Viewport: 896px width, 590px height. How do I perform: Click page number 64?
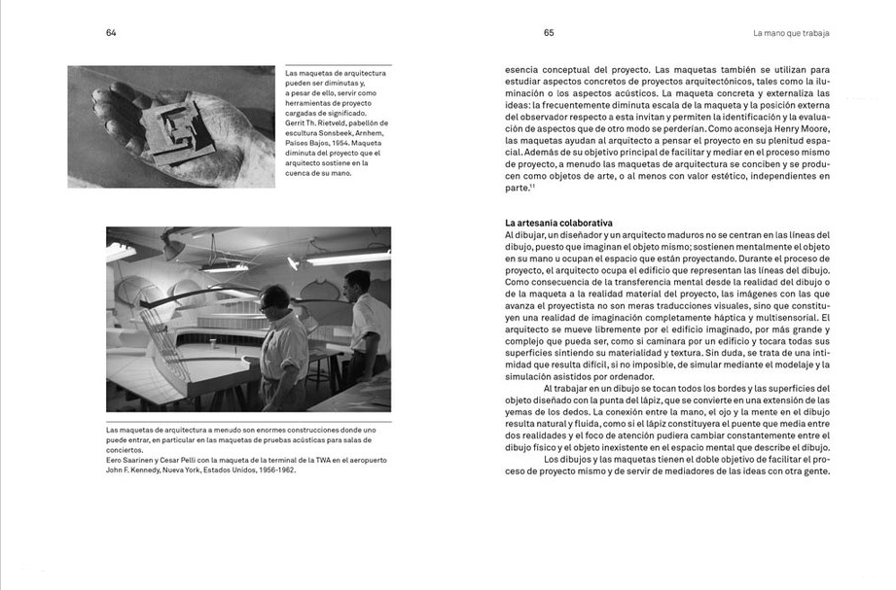point(111,32)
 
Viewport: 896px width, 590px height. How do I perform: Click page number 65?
point(549,32)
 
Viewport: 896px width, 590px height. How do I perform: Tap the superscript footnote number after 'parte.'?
point(534,186)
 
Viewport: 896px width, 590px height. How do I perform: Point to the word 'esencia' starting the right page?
point(523,70)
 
